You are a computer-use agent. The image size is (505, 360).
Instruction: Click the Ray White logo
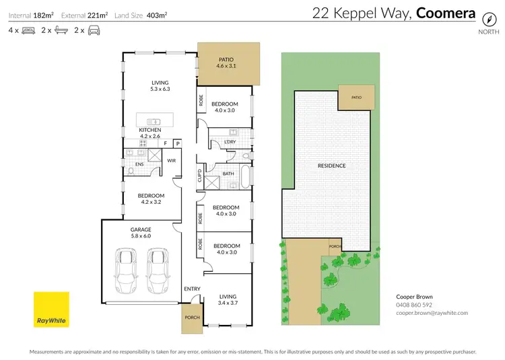(51, 310)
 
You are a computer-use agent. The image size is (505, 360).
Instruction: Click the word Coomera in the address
(446, 13)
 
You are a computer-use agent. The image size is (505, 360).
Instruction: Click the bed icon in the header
(28, 30)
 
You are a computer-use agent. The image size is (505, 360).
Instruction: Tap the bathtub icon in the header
(61, 30)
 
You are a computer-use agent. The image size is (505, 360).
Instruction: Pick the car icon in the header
(94, 30)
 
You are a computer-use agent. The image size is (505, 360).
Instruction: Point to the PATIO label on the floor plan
(224, 59)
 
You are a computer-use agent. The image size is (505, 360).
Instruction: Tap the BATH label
(228, 174)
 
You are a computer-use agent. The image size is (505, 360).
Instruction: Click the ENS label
(139, 164)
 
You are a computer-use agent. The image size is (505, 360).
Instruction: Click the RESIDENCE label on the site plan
(331, 166)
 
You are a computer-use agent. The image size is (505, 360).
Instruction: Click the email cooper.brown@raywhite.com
(432, 313)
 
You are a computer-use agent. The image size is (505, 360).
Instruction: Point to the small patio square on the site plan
(356, 97)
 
